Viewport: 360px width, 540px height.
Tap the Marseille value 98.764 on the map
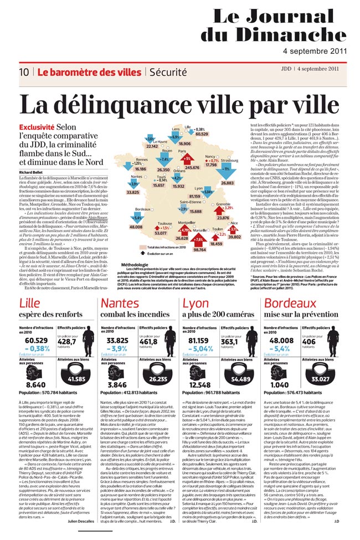(x=199, y=250)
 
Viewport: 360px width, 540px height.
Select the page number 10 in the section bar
(x=24, y=72)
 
